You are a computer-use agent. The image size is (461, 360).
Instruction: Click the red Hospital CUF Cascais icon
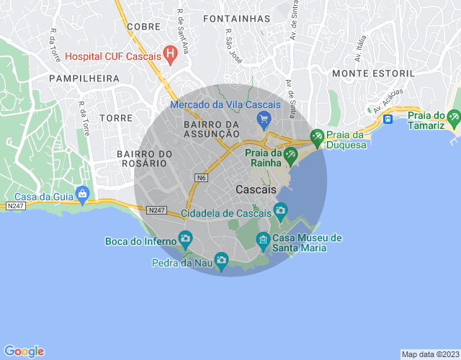point(170,55)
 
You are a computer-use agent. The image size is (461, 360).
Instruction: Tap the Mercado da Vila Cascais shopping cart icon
point(264,118)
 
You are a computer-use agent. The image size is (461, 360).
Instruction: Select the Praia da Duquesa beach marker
point(316,135)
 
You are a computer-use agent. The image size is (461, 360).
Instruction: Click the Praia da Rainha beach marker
point(290,153)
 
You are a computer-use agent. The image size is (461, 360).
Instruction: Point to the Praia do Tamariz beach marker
point(453,116)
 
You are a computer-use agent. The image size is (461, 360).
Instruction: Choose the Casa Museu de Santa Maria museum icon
point(263,238)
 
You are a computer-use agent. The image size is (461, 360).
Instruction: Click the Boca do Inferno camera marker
point(185,238)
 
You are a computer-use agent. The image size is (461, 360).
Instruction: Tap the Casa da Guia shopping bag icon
point(83,193)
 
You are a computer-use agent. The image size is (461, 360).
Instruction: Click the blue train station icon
point(388,118)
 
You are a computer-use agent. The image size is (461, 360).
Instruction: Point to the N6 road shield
point(201,176)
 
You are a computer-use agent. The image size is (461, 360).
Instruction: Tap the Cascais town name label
point(256,189)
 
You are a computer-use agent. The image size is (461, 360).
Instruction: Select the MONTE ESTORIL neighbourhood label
point(373,73)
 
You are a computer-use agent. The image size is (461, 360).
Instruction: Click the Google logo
point(24,351)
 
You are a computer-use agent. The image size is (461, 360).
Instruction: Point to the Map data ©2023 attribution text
point(429,354)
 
